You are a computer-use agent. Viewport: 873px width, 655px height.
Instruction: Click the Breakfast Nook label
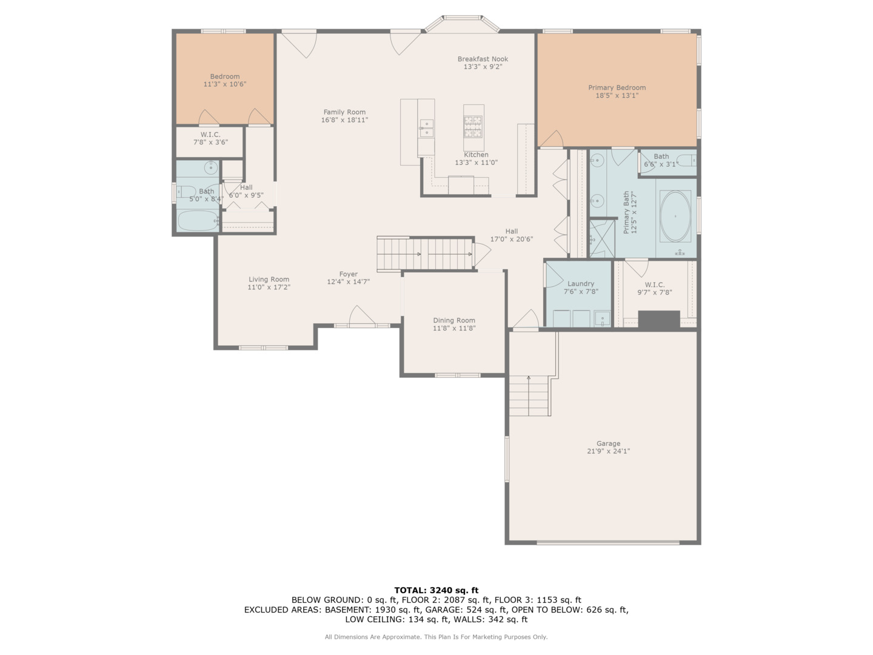click(483, 59)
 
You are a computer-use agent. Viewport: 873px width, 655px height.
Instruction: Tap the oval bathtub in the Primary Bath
click(675, 216)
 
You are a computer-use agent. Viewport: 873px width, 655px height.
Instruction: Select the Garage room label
click(608, 443)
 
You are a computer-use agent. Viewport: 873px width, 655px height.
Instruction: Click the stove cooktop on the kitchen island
click(473, 126)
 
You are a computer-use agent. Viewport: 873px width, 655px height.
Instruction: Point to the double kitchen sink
click(426, 127)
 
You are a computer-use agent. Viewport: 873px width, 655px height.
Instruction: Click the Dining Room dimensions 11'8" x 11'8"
click(454, 328)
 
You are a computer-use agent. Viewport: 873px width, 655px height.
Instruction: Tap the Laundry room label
click(581, 284)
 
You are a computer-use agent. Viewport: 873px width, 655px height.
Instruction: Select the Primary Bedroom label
click(617, 87)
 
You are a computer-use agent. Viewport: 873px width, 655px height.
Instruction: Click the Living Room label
click(269, 279)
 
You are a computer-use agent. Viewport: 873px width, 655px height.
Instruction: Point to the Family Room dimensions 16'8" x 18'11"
click(344, 119)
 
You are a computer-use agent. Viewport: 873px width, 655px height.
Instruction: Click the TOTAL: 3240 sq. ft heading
click(436, 590)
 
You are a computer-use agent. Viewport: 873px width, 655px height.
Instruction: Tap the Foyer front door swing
click(361, 315)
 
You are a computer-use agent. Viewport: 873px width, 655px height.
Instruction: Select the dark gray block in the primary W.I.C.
click(658, 320)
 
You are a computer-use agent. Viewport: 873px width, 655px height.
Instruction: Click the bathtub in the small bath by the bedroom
click(198, 221)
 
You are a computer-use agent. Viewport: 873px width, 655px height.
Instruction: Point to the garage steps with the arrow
click(529, 395)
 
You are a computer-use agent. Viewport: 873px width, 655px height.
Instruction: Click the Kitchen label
click(476, 155)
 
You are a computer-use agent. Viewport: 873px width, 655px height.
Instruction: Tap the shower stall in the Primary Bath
click(602, 238)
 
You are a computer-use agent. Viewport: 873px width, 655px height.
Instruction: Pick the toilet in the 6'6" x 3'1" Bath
click(686, 161)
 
